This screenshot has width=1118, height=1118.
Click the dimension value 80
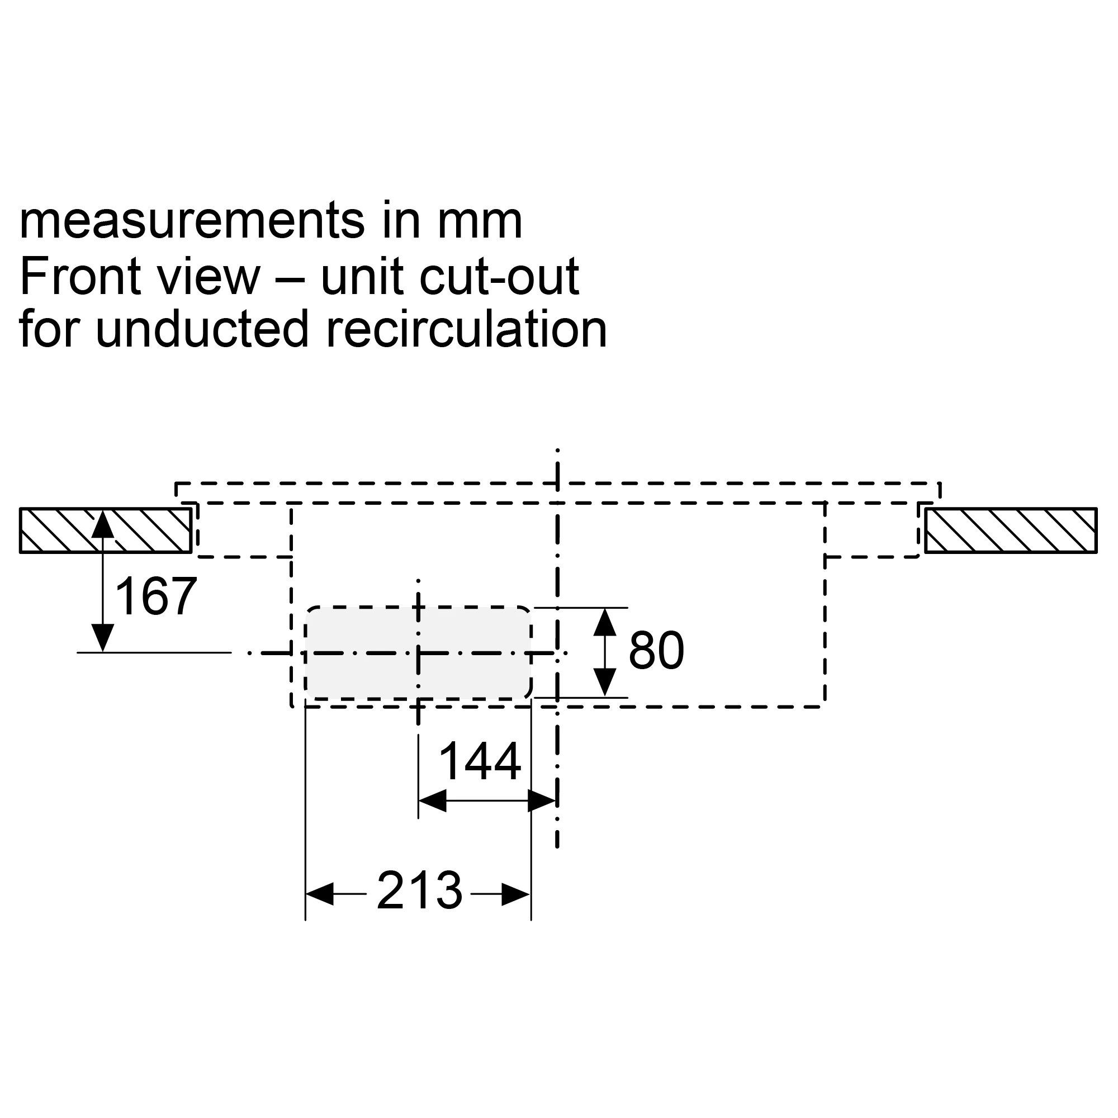(x=656, y=651)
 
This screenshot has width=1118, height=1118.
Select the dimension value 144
(x=480, y=761)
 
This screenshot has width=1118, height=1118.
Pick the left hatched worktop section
(x=106, y=530)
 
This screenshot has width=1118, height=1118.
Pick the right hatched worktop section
(x=1010, y=530)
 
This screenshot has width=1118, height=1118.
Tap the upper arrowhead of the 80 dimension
(x=605, y=622)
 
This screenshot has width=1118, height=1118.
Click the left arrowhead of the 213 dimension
(x=320, y=894)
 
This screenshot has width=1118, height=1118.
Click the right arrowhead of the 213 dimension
(x=515, y=894)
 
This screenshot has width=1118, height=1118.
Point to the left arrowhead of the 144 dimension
(x=432, y=801)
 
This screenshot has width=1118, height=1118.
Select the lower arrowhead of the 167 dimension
(x=102, y=638)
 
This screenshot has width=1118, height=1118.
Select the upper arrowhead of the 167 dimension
(x=102, y=524)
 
